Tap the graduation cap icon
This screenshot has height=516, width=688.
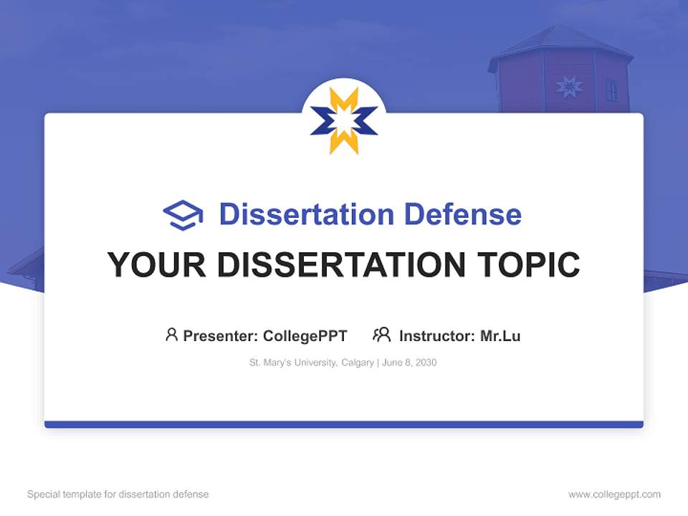click(183, 215)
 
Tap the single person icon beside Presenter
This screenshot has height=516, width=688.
click(171, 335)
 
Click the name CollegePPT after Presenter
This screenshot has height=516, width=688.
click(305, 335)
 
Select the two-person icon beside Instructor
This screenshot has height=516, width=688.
click(381, 335)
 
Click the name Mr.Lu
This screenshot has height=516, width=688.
click(500, 335)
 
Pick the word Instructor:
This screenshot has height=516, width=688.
click(437, 335)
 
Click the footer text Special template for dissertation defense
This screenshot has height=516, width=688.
click(118, 494)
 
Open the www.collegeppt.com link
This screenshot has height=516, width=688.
click(614, 494)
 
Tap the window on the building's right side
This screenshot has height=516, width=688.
click(611, 90)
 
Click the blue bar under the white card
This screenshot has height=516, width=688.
click(343, 424)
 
